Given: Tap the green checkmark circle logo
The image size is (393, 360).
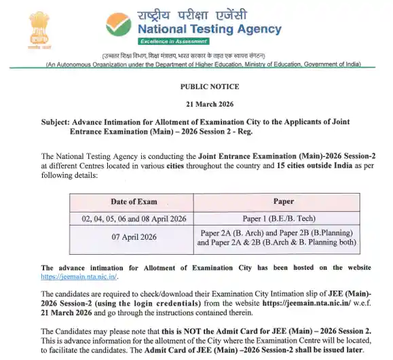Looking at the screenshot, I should (x=119, y=25).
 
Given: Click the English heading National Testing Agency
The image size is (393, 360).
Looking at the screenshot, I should (x=209, y=29).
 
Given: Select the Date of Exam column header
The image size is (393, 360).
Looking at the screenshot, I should (x=134, y=201).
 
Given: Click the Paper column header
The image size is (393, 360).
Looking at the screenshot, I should (x=283, y=201).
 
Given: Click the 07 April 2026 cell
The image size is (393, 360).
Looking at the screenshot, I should (x=134, y=237).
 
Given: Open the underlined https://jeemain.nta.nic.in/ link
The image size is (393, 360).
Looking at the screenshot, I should (x=79, y=276).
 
